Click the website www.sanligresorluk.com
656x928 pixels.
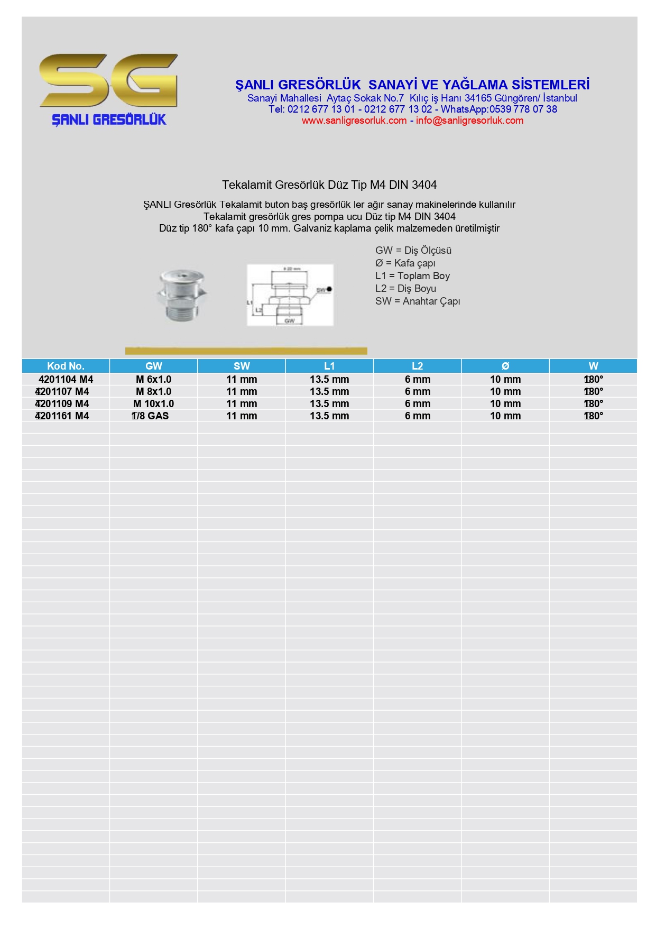click(x=354, y=121)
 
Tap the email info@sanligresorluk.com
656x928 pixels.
click(x=469, y=121)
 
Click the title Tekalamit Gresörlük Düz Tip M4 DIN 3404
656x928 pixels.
click(x=329, y=185)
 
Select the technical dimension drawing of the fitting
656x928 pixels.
click(x=290, y=295)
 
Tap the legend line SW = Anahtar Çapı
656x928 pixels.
click(x=418, y=301)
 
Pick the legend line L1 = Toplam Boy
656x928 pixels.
click(x=412, y=276)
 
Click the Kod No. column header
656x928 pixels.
click(x=66, y=366)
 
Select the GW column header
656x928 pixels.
click(x=153, y=366)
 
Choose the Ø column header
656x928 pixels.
click(x=505, y=366)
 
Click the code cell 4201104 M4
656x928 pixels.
click(x=66, y=380)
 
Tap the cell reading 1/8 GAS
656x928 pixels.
click(x=151, y=416)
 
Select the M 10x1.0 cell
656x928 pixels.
click(x=153, y=404)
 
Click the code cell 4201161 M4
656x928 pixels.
click(x=62, y=416)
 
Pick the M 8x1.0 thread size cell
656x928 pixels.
click(x=153, y=392)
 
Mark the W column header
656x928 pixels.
click(x=593, y=366)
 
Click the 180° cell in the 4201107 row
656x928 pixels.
click(x=593, y=392)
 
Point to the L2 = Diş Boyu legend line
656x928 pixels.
click(x=405, y=289)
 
